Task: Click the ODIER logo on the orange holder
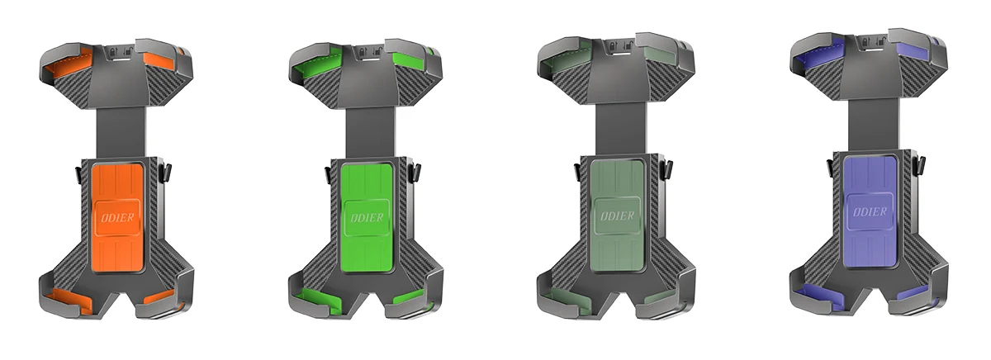click(117, 218)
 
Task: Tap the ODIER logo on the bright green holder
click(367, 218)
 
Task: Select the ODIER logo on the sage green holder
click(617, 216)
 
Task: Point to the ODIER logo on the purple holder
click(870, 212)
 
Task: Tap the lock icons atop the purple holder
click(872, 42)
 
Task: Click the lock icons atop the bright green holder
click(370, 51)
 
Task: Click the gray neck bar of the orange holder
click(121, 132)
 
